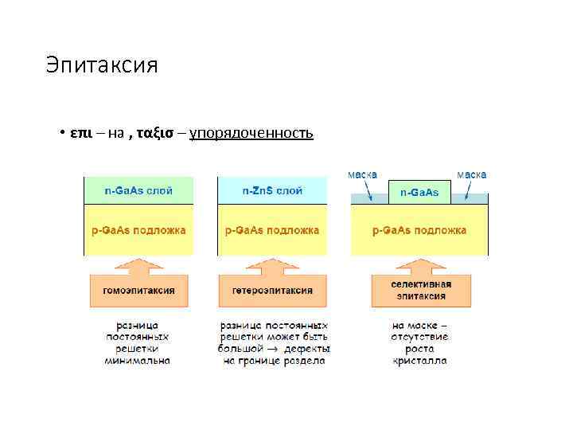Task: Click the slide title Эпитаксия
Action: (102, 64)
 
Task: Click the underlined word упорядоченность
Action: (251, 133)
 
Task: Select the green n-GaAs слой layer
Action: (138, 191)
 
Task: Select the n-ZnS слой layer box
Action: (272, 191)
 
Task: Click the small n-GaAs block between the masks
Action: (419, 193)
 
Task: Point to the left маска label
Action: (362, 174)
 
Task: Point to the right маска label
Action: (471, 174)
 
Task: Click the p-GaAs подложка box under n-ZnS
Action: (272, 230)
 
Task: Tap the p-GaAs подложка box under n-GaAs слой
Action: (138, 230)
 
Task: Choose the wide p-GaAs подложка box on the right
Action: (419, 230)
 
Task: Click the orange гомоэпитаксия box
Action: (139, 291)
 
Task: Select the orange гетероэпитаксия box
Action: (272, 291)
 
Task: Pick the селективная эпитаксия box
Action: (419, 290)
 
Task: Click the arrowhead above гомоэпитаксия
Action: (139, 264)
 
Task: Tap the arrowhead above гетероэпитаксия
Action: (272, 264)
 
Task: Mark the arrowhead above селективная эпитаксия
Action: (419, 264)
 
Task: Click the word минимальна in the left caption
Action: (138, 361)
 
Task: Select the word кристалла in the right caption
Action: (419, 361)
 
